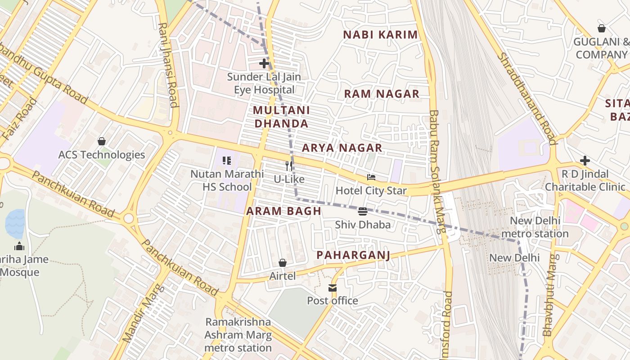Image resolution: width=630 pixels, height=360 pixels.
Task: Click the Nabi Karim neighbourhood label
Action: point(380,35)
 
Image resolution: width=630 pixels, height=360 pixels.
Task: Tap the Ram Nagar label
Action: point(382,94)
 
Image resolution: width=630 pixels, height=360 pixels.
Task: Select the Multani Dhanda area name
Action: point(281,117)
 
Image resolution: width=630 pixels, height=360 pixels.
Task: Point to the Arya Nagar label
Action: point(342,148)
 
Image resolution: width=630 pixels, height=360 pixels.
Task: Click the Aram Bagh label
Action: point(283,211)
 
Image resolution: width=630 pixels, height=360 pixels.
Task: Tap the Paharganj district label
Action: point(353,255)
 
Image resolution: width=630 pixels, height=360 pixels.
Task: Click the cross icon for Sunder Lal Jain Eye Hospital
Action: point(264,63)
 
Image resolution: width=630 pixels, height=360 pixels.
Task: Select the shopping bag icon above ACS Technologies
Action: point(102,141)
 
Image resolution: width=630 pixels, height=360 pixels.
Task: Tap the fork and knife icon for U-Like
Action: point(289,166)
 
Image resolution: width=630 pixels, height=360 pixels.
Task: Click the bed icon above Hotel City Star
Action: point(371,177)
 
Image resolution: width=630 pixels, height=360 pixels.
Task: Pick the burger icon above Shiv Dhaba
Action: point(363,211)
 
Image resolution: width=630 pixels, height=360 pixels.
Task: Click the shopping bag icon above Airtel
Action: point(283,263)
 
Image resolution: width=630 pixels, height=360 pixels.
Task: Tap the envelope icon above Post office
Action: point(332,288)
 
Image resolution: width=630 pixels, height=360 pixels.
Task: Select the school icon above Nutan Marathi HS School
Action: point(227,161)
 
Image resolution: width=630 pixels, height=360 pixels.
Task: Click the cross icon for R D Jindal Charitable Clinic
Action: point(585,161)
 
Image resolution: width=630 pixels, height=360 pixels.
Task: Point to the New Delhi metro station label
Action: point(535,227)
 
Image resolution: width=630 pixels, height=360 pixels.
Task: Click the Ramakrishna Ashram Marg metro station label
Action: point(238,335)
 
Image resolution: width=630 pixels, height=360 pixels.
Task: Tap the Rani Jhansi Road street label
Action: point(167,65)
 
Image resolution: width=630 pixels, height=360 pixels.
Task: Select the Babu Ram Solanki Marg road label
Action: point(436,171)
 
